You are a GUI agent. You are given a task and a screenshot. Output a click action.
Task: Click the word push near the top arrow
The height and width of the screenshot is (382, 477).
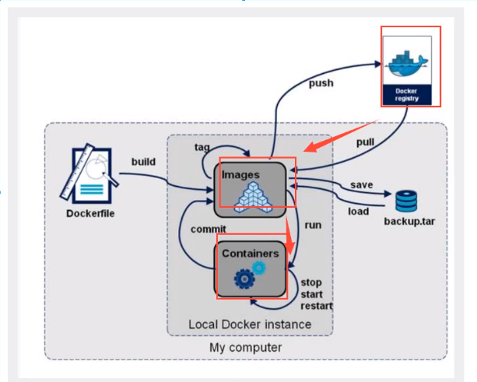point(323,82)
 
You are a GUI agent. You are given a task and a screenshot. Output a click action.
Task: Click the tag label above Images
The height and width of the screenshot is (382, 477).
point(201,147)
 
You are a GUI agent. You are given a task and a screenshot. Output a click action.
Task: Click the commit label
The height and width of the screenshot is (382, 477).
point(208,229)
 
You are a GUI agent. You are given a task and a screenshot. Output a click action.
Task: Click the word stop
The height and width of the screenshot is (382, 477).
point(311,282)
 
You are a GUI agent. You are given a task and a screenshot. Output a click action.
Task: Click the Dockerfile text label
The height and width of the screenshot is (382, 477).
point(91,212)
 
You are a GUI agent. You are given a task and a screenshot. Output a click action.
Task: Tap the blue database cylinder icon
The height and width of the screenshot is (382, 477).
point(406,201)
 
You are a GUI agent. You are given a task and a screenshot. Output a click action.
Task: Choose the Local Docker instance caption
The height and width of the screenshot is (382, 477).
point(250,324)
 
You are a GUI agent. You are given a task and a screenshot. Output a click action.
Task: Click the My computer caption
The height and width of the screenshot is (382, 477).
point(246,346)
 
